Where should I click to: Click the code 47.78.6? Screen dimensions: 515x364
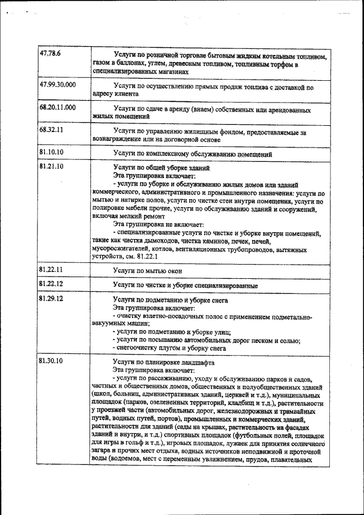(50, 53)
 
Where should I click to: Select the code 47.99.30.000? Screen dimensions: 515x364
(57, 85)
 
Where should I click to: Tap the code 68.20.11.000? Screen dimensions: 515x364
(57, 107)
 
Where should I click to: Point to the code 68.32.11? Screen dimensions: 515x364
(51, 129)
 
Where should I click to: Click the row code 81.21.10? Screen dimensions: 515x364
(51, 166)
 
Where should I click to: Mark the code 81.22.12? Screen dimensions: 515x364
(51, 283)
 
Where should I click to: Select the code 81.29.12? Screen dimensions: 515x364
(51, 298)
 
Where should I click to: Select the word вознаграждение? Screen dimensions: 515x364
(118, 139)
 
